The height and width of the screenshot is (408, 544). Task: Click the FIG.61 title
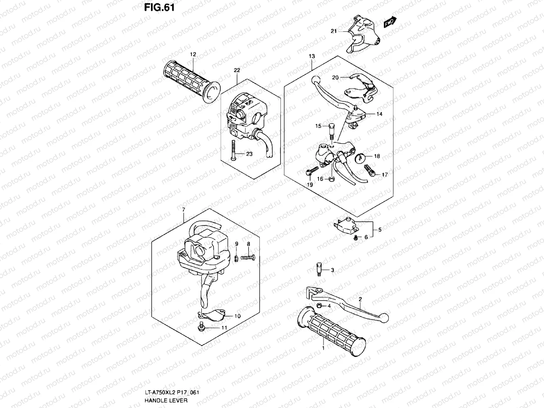tap(159, 7)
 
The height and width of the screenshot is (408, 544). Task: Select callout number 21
tap(334, 31)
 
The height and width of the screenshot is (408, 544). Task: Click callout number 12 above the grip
tap(193, 54)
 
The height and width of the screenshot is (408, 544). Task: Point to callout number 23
tap(249, 154)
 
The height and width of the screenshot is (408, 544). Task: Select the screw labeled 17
tap(370, 171)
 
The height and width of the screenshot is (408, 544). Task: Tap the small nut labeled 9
tap(236, 259)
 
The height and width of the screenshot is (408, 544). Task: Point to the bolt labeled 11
tap(201, 327)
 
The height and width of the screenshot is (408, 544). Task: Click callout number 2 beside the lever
tap(360, 299)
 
